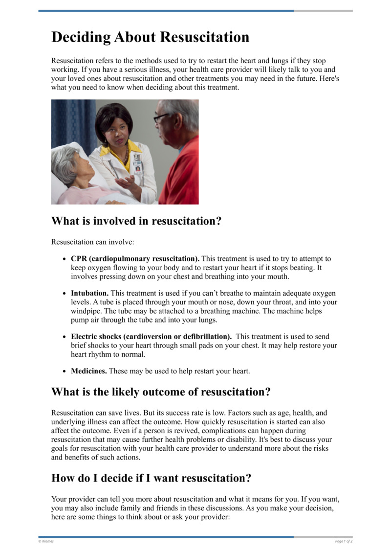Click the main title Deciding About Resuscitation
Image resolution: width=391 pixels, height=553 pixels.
[150, 37]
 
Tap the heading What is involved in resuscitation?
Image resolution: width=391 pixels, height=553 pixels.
[136, 221]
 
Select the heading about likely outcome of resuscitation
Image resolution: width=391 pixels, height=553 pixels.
[161, 392]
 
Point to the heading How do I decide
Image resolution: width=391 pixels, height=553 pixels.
[151, 478]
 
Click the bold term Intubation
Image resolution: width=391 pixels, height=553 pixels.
[89, 294]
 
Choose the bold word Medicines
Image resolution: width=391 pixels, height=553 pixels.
[89, 371]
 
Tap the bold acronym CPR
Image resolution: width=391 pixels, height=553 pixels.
[79, 258]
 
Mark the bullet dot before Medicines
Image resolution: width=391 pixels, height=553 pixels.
[65, 371]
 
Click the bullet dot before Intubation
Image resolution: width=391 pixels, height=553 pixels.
[65, 294]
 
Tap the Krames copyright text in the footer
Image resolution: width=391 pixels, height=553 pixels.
[46, 541]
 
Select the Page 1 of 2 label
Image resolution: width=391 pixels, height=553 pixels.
[344, 541]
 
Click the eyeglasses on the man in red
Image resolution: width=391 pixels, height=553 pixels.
[161, 118]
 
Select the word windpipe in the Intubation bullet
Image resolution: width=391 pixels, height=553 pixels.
[86, 311]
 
